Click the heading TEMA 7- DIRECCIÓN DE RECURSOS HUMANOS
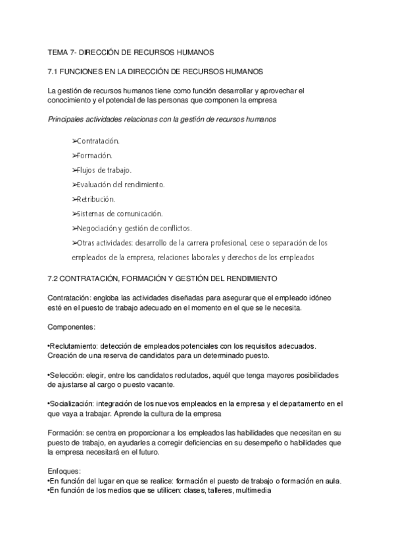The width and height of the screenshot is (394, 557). point(131,51)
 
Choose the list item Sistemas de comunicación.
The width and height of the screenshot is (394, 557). point(119,213)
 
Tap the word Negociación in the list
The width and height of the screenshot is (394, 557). point(97,228)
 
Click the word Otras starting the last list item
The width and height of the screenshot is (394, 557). point(86,242)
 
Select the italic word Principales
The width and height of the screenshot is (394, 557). point(66,120)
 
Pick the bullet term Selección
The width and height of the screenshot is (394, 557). point(65,374)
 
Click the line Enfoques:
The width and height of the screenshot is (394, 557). point(64,471)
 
